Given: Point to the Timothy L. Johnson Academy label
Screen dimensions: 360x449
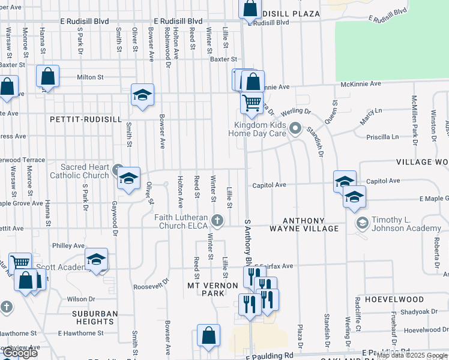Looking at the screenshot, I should click(406, 224).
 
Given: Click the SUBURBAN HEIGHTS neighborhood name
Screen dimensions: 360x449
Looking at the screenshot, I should click(95, 317).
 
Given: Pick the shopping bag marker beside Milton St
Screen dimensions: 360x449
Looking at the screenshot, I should click(47, 77).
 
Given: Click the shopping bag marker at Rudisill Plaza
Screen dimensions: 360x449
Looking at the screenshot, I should click(250, 9).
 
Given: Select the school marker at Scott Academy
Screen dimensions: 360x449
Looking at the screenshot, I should click(95, 259).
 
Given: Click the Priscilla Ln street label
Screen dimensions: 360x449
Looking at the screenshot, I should click(382, 137).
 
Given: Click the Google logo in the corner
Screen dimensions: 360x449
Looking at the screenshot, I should click(19, 353).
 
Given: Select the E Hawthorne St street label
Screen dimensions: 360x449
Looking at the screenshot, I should click(80, 333).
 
